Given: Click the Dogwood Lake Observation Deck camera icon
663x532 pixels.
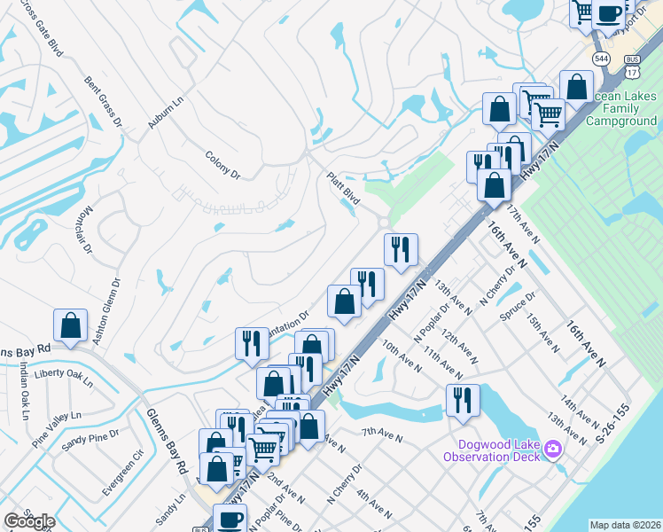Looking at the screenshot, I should (554, 450).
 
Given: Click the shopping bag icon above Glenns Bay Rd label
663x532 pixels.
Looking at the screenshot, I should (70, 325).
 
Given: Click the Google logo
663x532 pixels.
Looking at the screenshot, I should (29, 521).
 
